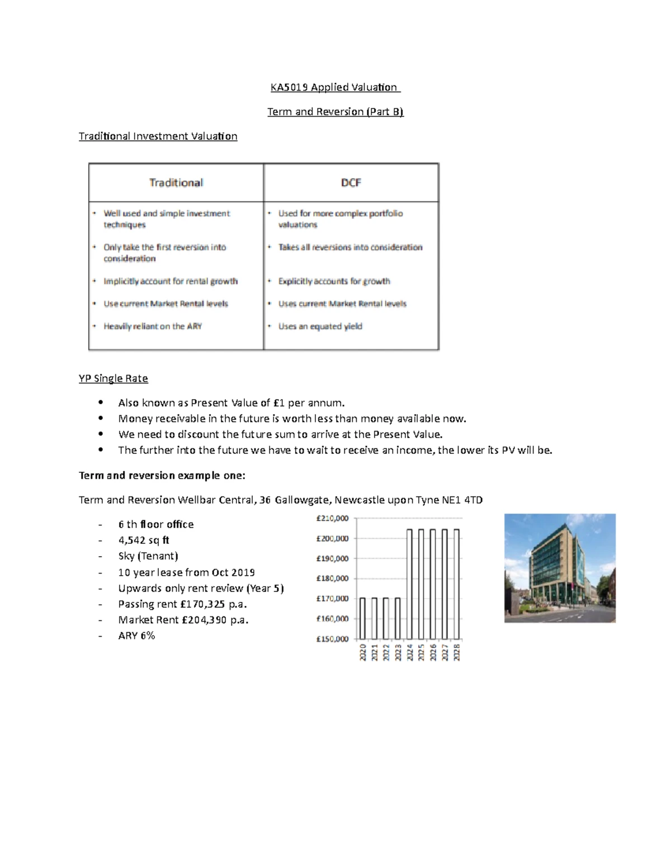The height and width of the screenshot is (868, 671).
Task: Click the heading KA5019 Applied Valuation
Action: pyautogui.click(x=334, y=87)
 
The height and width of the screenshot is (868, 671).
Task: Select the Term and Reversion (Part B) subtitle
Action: pyautogui.click(x=335, y=112)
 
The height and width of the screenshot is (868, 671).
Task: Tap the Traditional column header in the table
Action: pyautogui.click(x=176, y=183)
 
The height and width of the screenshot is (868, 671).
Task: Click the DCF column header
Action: pyautogui.click(x=351, y=183)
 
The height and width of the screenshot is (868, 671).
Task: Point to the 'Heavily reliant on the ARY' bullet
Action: pyautogui.click(x=152, y=326)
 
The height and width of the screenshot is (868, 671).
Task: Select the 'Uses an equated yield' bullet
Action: pyautogui.click(x=320, y=326)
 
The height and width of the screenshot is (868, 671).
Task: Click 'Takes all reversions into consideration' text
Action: pyautogui.click(x=350, y=247)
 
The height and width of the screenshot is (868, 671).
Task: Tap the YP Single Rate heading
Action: pyautogui.click(x=113, y=378)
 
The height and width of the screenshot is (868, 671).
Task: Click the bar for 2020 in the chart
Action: pyautogui.click(x=362, y=618)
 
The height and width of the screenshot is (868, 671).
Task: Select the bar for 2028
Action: pyautogui.click(x=456, y=584)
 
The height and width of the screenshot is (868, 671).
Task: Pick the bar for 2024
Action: pyautogui.click(x=409, y=584)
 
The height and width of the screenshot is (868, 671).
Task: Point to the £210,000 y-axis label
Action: pyautogui.click(x=332, y=519)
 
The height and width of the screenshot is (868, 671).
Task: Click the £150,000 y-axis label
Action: pyautogui.click(x=332, y=639)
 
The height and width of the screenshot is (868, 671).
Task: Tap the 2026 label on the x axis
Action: pyautogui.click(x=433, y=653)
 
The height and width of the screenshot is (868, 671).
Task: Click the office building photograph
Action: pyautogui.click(x=560, y=568)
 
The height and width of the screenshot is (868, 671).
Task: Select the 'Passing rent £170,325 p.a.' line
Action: pyautogui.click(x=182, y=604)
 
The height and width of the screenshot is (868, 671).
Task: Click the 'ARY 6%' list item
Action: pyautogui.click(x=136, y=635)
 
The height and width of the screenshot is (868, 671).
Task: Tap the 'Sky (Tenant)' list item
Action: pyautogui.click(x=148, y=556)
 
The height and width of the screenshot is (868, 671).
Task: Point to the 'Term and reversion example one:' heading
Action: pyautogui.click(x=162, y=476)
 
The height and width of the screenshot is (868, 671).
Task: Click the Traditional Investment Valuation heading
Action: pyautogui.click(x=158, y=136)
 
